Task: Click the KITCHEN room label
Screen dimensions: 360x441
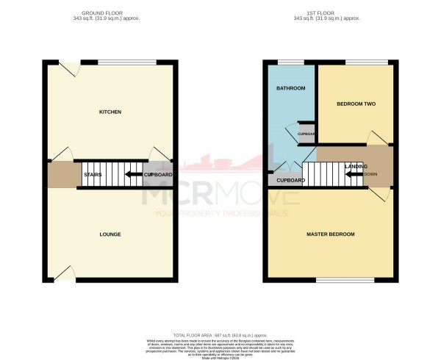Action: (110, 112)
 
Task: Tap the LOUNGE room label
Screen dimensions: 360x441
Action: (110, 234)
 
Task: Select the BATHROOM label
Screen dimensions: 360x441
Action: (292, 88)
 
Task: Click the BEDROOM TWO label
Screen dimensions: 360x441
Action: (356, 104)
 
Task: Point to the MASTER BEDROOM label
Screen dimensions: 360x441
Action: (330, 234)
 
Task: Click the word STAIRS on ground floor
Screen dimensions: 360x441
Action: (93, 174)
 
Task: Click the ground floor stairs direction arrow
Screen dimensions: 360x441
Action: (133, 174)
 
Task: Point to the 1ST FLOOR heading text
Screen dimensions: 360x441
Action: (330, 12)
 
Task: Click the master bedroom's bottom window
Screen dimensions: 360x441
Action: (345, 280)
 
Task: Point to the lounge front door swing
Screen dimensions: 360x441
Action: (65, 273)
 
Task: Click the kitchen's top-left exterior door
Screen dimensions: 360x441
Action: (68, 68)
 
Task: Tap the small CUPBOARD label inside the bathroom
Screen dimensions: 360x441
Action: (306, 134)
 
